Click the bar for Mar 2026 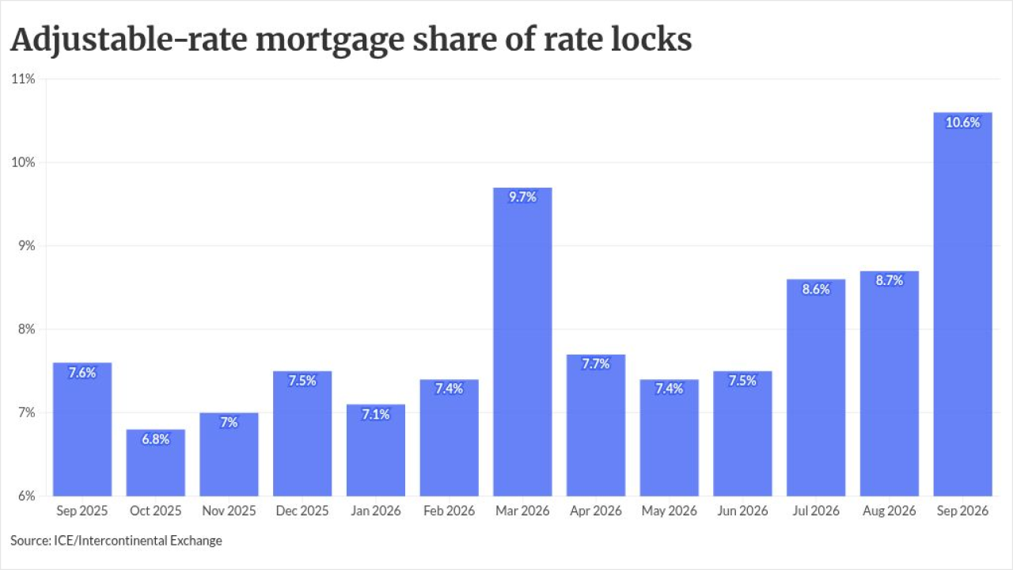point(522,342)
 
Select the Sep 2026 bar point(963,305)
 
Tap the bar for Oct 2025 point(156,463)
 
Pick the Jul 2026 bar point(816,388)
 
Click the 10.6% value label point(963,123)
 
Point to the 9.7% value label point(522,197)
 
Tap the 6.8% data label point(156,439)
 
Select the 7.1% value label point(376,414)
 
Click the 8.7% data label point(889,280)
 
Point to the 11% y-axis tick point(23,79)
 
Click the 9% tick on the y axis point(27,245)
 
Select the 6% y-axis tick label point(27,496)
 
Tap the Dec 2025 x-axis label point(302,511)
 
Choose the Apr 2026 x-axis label point(596,511)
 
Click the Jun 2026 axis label point(742,511)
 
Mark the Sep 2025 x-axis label point(82,511)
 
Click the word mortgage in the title point(330,40)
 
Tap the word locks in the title point(651,39)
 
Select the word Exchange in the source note point(195,541)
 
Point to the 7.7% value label point(596,364)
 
